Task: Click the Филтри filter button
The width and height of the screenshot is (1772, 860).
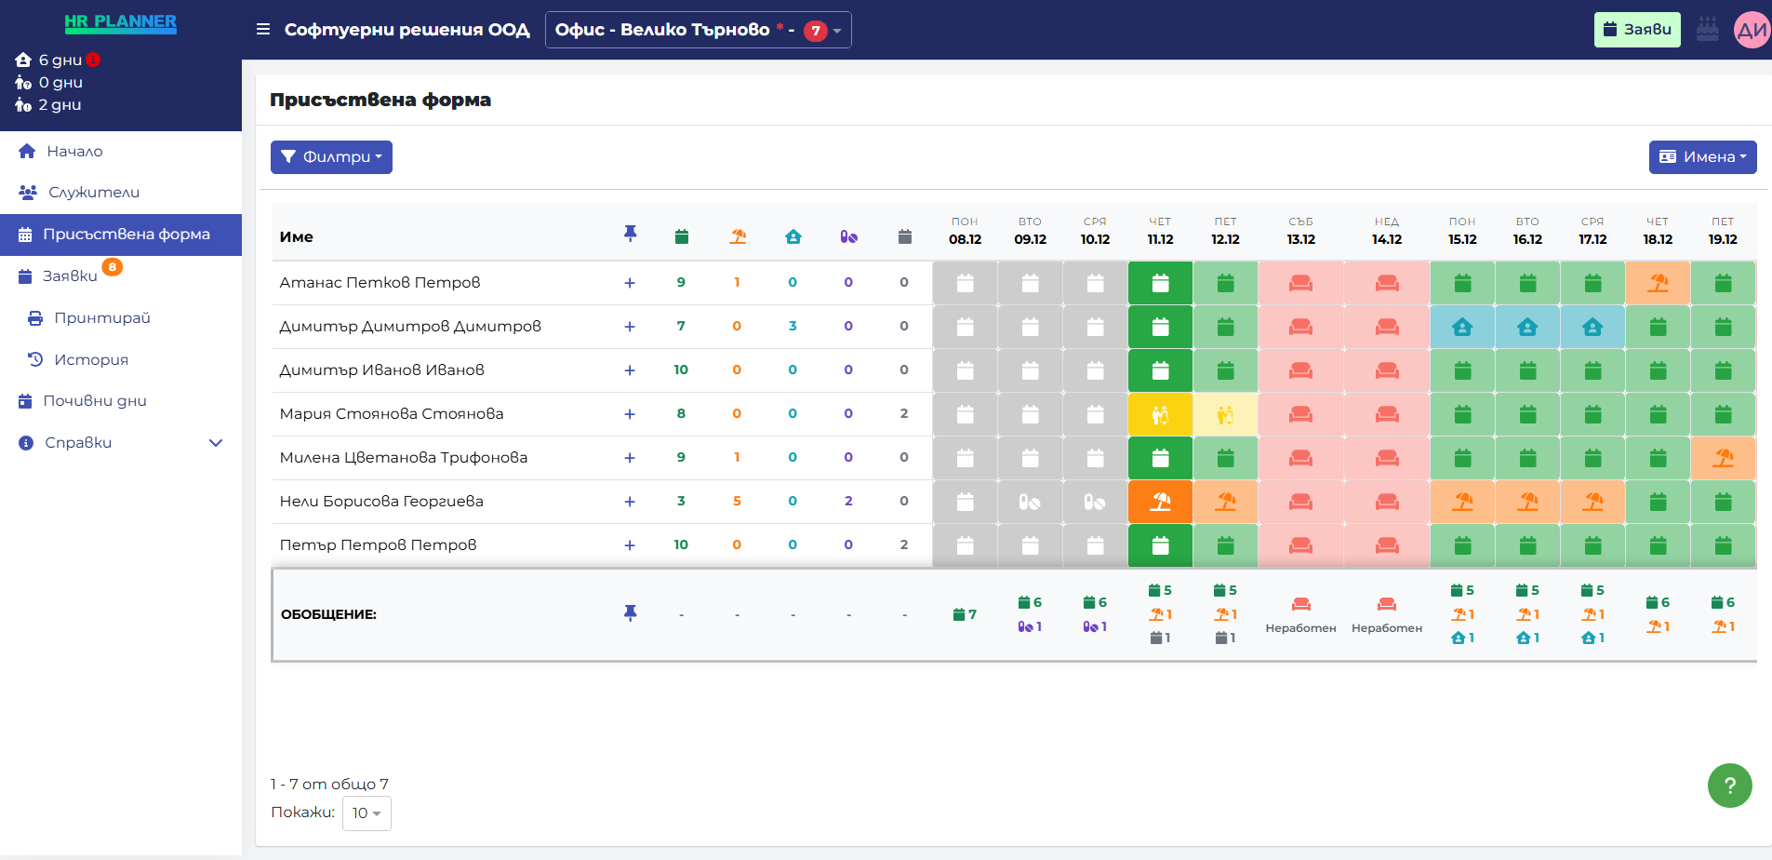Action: point(331,157)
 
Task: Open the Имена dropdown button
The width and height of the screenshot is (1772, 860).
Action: point(1701,157)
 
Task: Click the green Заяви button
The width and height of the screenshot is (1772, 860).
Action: point(1636,30)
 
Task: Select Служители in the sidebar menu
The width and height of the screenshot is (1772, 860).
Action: point(93,193)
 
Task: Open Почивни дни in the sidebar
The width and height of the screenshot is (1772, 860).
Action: point(94,401)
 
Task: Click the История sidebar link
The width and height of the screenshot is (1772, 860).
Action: point(90,359)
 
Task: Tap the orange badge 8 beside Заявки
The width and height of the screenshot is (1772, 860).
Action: point(112,267)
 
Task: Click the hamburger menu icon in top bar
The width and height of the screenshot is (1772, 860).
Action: point(263,30)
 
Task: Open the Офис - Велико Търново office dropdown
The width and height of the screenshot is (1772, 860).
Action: point(698,30)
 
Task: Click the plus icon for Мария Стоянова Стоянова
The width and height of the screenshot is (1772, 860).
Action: point(630,414)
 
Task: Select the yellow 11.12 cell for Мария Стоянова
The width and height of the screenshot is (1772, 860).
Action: point(1160,414)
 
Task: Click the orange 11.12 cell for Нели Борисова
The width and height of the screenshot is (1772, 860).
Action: point(1160,502)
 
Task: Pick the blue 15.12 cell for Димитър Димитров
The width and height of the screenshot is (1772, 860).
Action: point(1462,327)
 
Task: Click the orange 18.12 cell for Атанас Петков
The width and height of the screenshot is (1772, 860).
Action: point(1658,283)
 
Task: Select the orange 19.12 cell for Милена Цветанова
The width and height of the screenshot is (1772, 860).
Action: point(1723,458)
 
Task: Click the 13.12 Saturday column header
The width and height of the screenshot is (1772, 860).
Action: point(1300,232)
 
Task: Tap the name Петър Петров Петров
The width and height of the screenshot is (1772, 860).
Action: point(378,545)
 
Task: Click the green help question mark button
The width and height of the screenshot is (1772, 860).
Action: point(1729,786)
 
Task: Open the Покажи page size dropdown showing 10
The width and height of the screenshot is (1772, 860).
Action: point(366,813)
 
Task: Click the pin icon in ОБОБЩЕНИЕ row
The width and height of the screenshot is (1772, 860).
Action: point(630,613)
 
